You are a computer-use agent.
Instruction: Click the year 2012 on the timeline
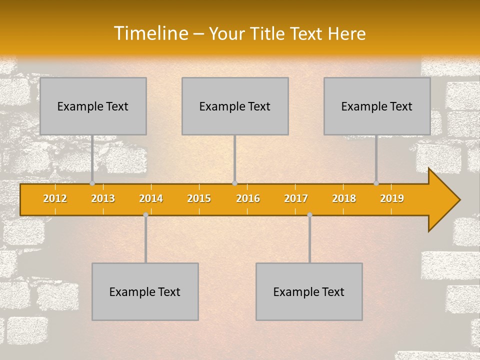click(x=55, y=199)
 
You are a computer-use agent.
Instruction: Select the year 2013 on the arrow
click(x=103, y=199)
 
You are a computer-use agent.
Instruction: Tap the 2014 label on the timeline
click(x=151, y=199)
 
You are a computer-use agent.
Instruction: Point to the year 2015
click(x=199, y=199)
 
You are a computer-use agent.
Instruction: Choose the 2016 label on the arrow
click(x=248, y=199)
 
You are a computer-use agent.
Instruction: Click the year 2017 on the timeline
click(x=296, y=199)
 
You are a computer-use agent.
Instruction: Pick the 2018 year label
click(x=344, y=199)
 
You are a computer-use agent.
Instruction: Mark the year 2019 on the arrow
click(x=392, y=199)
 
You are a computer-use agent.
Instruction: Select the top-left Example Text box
click(x=93, y=106)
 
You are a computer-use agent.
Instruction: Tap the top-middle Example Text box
click(x=235, y=106)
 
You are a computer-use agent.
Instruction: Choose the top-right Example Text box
click(x=377, y=106)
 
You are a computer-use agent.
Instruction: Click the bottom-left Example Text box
click(x=145, y=292)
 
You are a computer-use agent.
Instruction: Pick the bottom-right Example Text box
click(x=309, y=292)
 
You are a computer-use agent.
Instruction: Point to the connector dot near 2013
click(x=92, y=183)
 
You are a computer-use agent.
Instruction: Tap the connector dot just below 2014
click(x=145, y=215)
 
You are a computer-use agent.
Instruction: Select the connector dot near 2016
click(x=234, y=183)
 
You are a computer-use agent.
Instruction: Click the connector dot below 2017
click(x=309, y=215)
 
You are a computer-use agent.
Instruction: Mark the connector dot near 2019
click(x=376, y=183)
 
